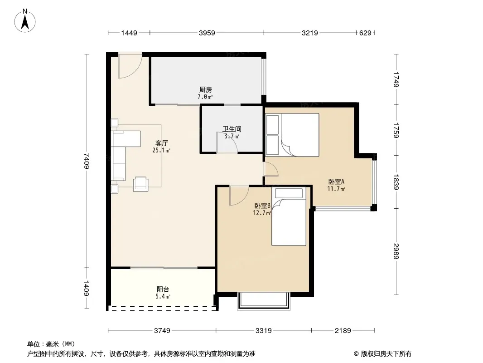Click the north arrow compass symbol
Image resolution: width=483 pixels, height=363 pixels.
point(25,21)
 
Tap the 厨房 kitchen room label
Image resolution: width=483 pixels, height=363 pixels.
point(205,90)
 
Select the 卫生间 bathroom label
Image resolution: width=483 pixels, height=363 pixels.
point(232,129)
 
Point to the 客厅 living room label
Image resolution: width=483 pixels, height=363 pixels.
point(161,143)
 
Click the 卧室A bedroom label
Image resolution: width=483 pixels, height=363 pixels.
point(336,181)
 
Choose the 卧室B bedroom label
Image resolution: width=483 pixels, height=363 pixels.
point(262,206)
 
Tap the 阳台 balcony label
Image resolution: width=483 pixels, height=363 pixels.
point(163,289)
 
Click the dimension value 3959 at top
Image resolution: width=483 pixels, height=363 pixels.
point(207,33)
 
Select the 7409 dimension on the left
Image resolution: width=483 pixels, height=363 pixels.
point(87,161)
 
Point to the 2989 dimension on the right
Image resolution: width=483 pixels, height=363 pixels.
point(396,251)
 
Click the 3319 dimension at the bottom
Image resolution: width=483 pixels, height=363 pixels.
point(264,331)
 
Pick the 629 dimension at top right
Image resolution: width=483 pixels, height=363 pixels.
point(365,33)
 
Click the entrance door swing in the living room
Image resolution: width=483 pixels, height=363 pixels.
point(130,66)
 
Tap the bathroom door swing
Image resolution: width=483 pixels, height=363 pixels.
point(227,142)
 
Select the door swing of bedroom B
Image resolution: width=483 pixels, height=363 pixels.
point(239,196)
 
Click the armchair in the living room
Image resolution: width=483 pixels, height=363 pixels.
point(140,184)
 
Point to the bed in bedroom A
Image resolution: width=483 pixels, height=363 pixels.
point(292,135)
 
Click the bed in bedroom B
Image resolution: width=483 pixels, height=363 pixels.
point(289,216)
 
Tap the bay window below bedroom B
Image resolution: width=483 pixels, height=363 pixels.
point(264,301)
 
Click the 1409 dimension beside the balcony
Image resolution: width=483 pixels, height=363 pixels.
point(87,289)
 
